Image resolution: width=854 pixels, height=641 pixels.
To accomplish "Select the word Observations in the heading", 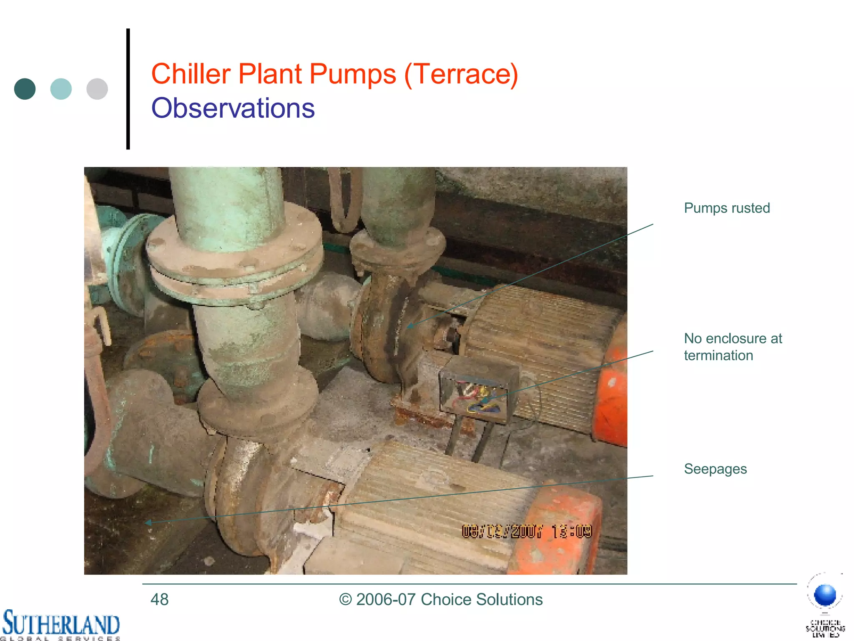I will click(x=233, y=108).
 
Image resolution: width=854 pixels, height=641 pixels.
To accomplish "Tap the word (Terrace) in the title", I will click(x=461, y=74).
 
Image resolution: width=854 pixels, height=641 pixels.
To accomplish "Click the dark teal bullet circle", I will click(x=25, y=89).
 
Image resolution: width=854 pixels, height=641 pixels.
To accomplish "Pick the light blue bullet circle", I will click(x=61, y=89).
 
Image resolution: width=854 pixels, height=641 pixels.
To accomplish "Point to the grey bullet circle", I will click(x=97, y=89).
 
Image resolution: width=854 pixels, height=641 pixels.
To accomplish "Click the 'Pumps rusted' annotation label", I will click(x=727, y=208).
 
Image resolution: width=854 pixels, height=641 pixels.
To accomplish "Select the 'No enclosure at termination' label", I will click(x=733, y=347).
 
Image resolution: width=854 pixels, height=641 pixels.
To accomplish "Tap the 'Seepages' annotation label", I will click(x=715, y=469).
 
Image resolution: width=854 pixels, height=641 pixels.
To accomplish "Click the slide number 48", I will click(x=159, y=600).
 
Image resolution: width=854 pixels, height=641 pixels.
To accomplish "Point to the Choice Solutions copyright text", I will click(x=441, y=600).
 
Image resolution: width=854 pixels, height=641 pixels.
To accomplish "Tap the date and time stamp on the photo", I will click(x=527, y=532).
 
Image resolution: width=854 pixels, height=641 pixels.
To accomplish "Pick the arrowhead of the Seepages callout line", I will click(x=148, y=522).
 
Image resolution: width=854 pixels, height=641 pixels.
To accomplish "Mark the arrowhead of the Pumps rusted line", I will click(x=410, y=326).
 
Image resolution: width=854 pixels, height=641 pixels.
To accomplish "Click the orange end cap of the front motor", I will click(x=555, y=530).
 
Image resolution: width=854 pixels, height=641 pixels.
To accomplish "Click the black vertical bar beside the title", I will click(x=128, y=89).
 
